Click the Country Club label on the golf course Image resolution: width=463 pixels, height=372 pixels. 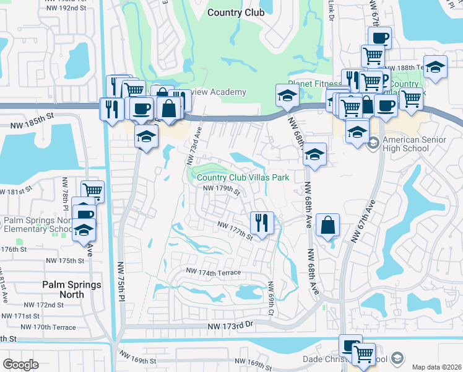point(236,12)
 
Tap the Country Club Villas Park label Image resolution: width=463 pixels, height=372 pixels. point(243,177)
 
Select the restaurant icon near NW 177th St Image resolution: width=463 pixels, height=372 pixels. point(262,222)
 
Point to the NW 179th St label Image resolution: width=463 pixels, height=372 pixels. point(221,189)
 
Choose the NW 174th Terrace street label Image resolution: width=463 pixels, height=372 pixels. point(214,273)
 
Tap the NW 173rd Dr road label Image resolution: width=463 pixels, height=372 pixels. point(231,325)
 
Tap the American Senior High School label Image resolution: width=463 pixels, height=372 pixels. point(414,144)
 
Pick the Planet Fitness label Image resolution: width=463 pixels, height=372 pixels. point(314,84)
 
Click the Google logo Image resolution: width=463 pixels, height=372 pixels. point(20,365)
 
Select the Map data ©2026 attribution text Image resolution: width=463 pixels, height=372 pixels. point(436,366)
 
